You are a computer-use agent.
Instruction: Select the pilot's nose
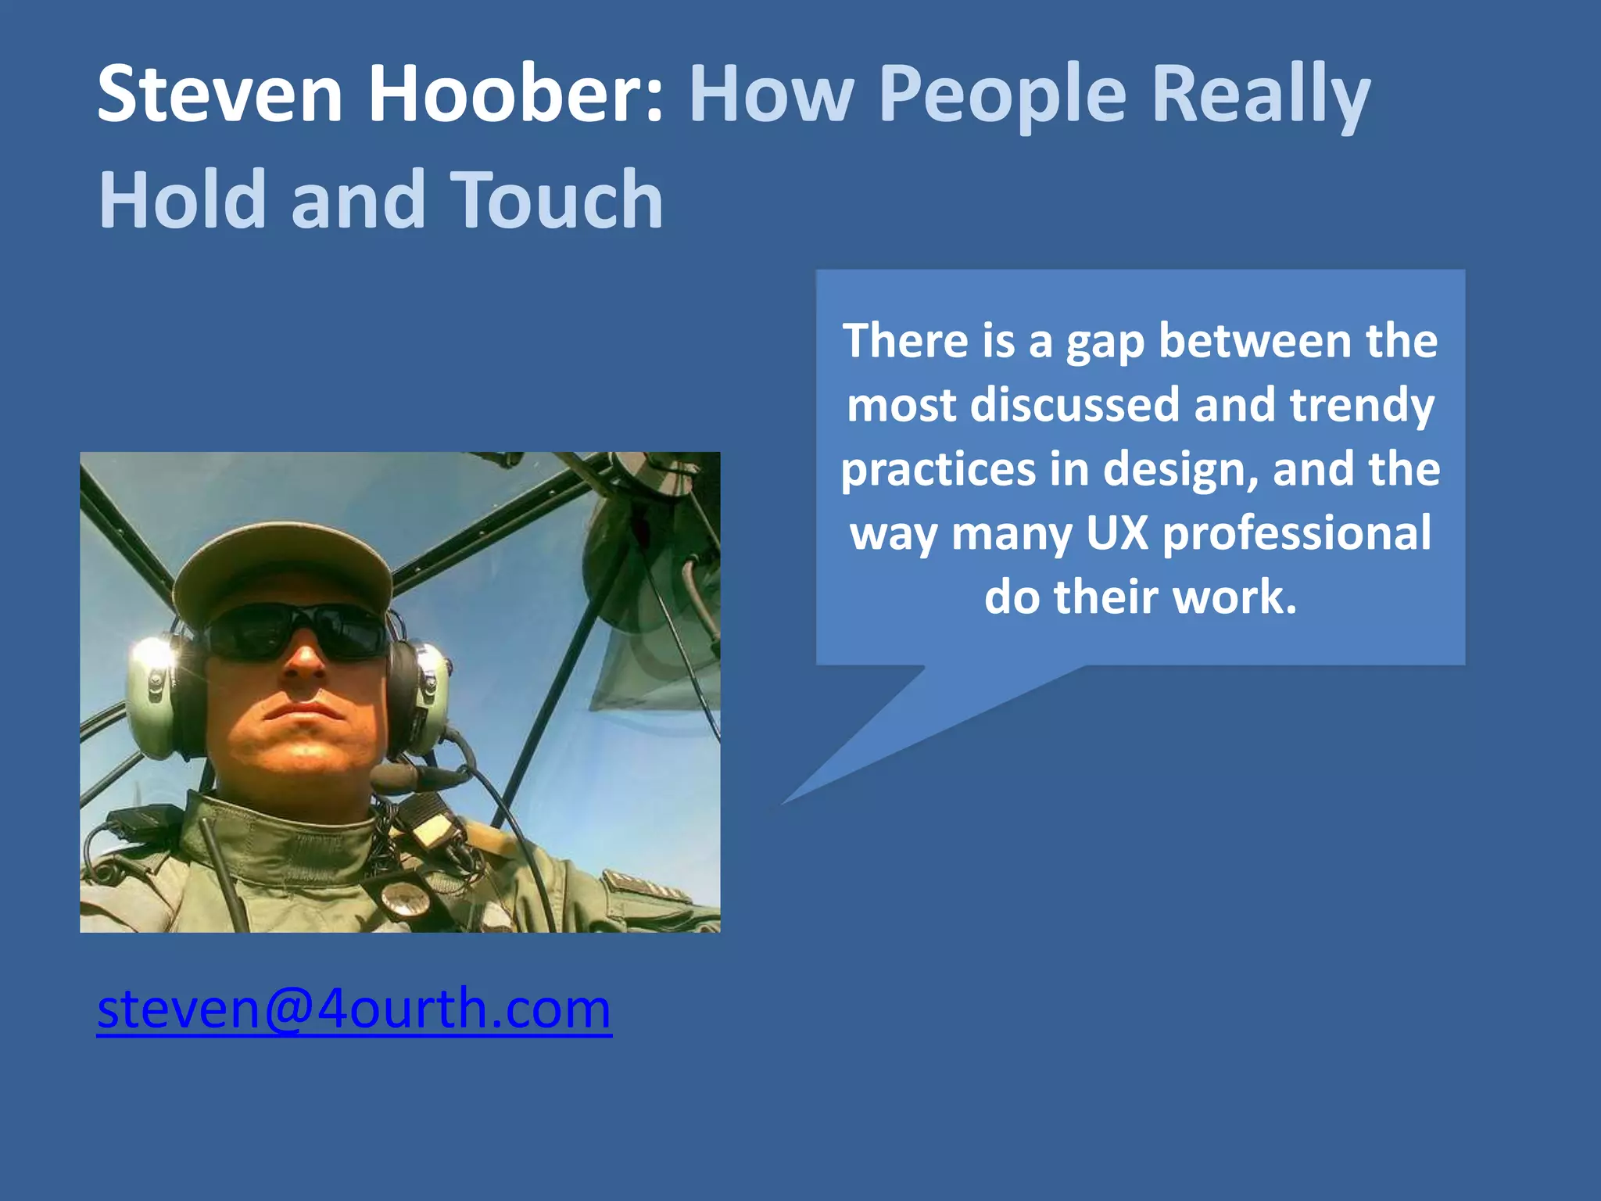pos(303,665)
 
